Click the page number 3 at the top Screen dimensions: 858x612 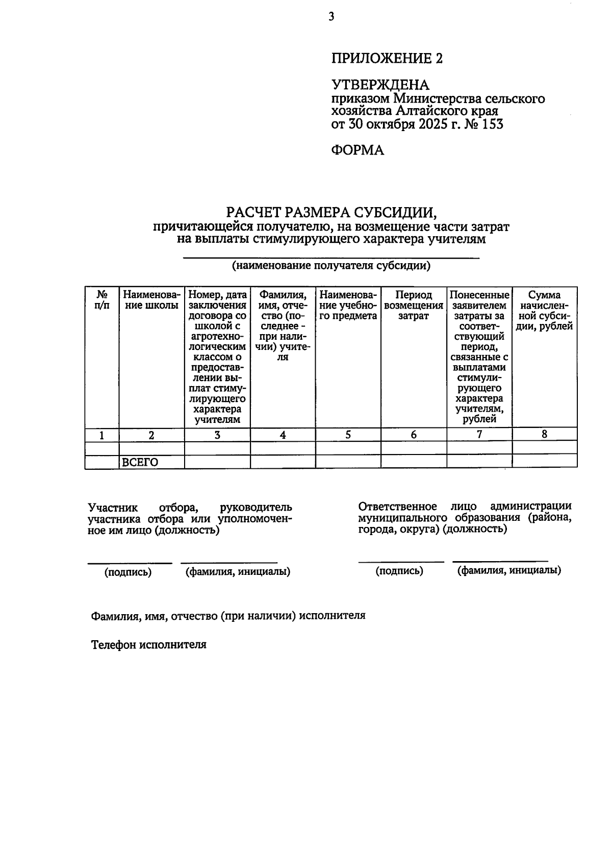(x=331, y=17)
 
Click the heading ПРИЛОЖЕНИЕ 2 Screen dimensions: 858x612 (x=387, y=59)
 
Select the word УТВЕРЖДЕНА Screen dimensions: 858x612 (x=380, y=85)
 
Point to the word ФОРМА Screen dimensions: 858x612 (x=358, y=150)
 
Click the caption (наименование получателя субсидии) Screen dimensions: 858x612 (x=331, y=266)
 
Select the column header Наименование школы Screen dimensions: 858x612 (x=151, y=300)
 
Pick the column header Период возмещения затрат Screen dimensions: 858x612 (x=413, y=306)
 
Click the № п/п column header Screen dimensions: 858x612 (x=102, y=300)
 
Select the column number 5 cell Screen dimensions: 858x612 (x=348, y=435)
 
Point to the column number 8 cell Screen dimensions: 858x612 (x=544, y=434)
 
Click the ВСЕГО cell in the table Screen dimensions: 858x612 (x=140, y=462)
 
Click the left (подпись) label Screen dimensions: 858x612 (x=128, y=572)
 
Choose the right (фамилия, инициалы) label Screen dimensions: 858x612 (x=509, y=570)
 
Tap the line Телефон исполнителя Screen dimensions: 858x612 (x=148, y=644)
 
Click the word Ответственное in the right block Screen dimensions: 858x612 (x=397, y=507)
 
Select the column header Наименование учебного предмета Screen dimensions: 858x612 (x=348, y=306)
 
